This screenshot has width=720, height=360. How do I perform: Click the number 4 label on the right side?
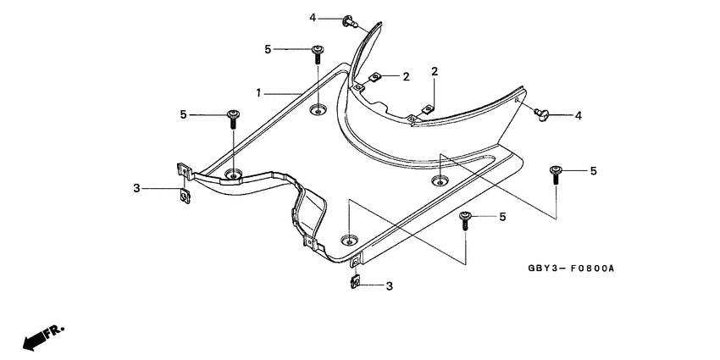point(578,115)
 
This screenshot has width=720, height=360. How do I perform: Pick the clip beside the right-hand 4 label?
point(542,112)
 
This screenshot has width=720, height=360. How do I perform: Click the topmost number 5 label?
point(268,50)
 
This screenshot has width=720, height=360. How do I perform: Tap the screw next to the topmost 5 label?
point(317,54)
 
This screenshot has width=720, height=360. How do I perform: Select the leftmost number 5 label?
point(182,114)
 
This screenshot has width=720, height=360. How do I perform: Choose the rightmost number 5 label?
point(593,171)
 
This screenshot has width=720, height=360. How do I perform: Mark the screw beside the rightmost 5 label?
point(556,174)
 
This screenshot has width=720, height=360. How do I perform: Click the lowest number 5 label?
point(502,218)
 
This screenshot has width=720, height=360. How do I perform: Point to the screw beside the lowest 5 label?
point(465,220)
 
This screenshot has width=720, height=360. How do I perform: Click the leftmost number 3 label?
point(136,188)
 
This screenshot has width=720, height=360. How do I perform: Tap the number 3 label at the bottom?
point(389,287)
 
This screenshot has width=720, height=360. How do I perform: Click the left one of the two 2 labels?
point(406,77)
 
